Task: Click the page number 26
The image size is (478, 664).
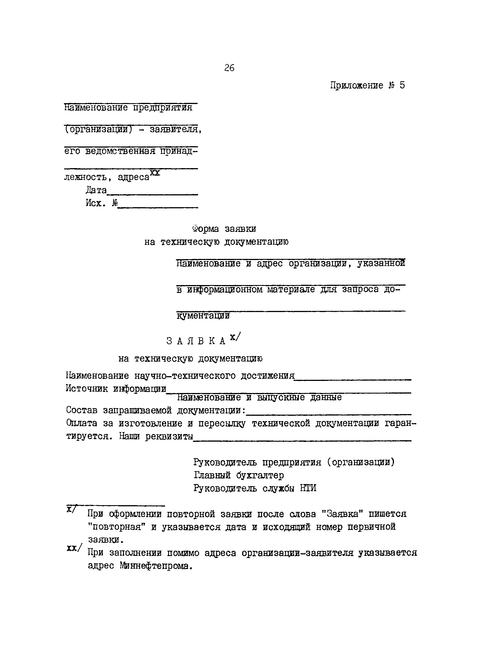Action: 229,68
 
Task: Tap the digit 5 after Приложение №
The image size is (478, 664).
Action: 402,85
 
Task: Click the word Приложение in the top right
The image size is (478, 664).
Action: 357,85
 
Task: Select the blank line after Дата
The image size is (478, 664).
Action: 152,194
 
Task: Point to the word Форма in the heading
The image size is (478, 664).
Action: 205,229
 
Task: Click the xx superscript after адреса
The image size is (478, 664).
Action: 155,173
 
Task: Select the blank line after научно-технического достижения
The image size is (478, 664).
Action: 353,379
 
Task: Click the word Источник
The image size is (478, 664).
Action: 87,389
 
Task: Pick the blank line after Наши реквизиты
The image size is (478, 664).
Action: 302,440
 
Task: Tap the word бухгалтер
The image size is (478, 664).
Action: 260,475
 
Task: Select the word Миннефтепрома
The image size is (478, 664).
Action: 156,566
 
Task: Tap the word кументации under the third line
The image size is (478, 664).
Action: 203,316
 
